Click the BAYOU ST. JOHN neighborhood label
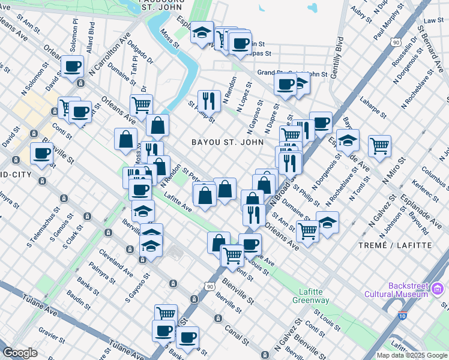click(x=227, y=142)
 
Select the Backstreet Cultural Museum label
click(x=399, y=290)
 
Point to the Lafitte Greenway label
click(x=312, y=296)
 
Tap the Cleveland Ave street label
click(x=116, y=262)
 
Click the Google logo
click(x=20, y=353)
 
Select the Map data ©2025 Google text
click(x=412, y=355)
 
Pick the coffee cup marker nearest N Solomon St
click(x=72, y=67)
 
